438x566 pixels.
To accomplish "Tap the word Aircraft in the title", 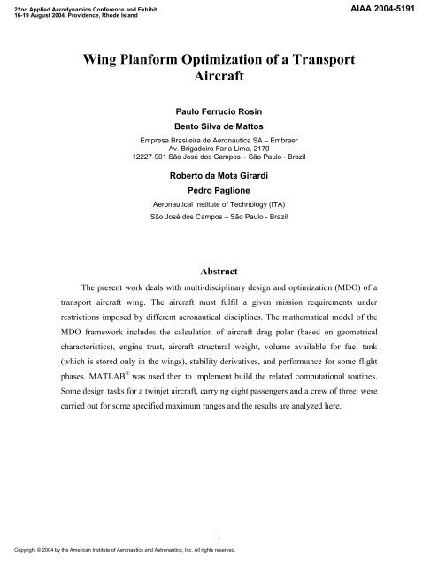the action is [x=219, y=80].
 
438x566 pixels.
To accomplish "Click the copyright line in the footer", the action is [x=119, y=549].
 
